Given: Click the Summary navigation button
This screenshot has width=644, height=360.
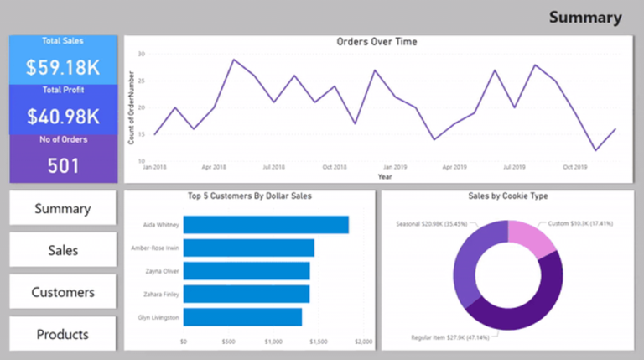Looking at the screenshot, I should click(x=63, y=208).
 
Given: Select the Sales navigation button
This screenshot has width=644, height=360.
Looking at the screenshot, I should click(x=63, y=250).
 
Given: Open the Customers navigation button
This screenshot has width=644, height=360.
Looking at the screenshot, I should click(x=63, y=292).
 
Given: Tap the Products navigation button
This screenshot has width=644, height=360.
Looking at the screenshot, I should click(x=63, y=334).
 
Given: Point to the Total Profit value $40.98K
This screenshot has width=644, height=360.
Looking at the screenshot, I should click(x=63, y=116).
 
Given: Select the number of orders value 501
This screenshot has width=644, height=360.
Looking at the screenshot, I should click(x=63, y=165).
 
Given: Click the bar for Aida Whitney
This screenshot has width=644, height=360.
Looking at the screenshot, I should click(x=265, y=225).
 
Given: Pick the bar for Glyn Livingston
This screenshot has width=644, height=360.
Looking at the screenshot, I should click(x=242, y=317).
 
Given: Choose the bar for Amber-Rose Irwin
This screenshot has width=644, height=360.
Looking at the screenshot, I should click(x=248, y=248).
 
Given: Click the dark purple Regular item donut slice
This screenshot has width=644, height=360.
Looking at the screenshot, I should click(x=520, y=315).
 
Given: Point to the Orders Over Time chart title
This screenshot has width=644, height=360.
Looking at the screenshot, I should click(x=377, y=41).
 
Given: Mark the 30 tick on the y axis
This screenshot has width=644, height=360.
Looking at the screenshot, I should click(x=142, y=54).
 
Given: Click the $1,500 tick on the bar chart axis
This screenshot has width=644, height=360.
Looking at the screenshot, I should click(x=318, y=342).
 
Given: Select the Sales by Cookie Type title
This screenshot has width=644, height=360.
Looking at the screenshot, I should click(x=507, y=196).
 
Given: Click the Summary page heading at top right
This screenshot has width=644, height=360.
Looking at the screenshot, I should click(x=585, y=18).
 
